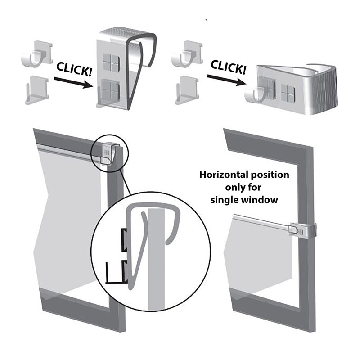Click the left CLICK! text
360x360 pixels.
pos(74,69)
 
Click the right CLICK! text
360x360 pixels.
pos(228,67)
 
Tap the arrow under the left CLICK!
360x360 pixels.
pos(73,83)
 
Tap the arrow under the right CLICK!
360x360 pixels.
pos(226,80)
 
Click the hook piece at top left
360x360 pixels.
pos(37,54)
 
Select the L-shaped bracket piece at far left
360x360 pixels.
pos(37,90)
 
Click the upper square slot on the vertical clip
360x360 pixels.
pos(111,62)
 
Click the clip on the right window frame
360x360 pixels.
pos(302,230)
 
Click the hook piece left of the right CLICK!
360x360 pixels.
pos(186,54)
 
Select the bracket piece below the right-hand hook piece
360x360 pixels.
pos(187,90)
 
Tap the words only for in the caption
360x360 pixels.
pos(243,187)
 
